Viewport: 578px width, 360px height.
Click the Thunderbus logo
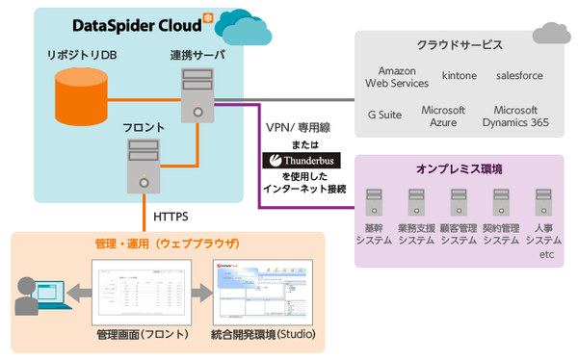(300, 161)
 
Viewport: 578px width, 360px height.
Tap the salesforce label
(519, 74)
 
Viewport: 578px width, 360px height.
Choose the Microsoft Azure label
(443, 116)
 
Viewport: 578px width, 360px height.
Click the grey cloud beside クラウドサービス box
(552, 33)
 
